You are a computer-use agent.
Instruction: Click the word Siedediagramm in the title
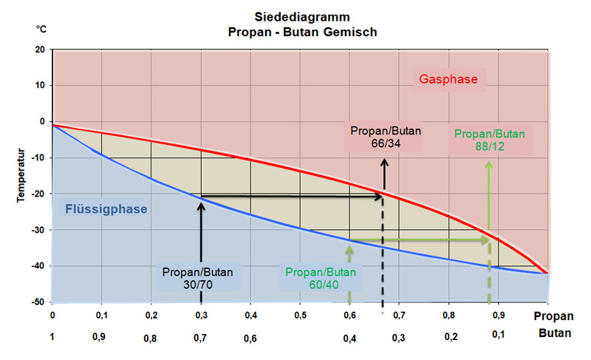pyautogui.click(x=302, y=17)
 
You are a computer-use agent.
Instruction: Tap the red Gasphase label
pyautogui.click(x=448, y=79)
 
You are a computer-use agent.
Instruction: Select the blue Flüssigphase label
pyautogui.click(x=106, y=209)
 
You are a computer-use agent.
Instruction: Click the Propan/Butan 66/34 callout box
pyautogui.click(x=386, y=137)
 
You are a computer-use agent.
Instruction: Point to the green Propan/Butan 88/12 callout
pyautogui.click(x=490, y=140)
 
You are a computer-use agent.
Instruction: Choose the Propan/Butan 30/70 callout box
pyautogui.click(x=198, y=278)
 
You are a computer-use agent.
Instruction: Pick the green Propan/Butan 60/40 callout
pyautogui.click(x=321, y=278)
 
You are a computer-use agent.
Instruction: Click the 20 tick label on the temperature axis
pyautogui.click(x=40, y=50)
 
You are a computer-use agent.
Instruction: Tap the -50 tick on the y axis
pyautogui.click(x=38, y=302)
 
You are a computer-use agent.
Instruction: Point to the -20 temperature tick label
pyautogui.click(x=38, y=194)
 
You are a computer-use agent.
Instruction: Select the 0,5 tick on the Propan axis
pyautogui.click(x=301, y=315)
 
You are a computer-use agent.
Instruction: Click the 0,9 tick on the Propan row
pyautogui.click(x=498, y=315)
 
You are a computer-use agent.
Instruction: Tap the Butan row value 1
pyautogui.click(x=52, y=336)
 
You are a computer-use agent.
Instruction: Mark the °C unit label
pyautogui.click(x=41, y=29)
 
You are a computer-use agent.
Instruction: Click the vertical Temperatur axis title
pyautogui.click(x=21, y=175)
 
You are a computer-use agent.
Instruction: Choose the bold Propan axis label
pyautogui.click(x=553, y=316)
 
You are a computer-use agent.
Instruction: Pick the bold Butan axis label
pyautogui.click(x=555, y=333)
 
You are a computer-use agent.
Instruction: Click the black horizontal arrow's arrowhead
pyautogui.click(x=381, y=197)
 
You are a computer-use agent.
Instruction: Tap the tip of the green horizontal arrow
pyautogui.click(x=490, y=240)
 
